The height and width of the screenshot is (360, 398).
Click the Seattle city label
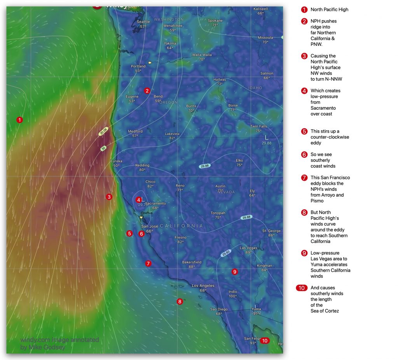pyautogui.click(x=143, y=22)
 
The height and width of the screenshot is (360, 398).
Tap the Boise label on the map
pyautogui.click(x=233, y=105)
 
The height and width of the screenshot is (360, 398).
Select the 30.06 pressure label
pyautogui.click(x=103, y=132)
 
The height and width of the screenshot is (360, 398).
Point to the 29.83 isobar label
pyautogui.click(x=226, y=253)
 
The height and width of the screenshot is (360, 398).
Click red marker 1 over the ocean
pyautogui.click(x=19, y=120)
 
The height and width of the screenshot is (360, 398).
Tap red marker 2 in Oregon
pyautogui.click(x=147, y=91)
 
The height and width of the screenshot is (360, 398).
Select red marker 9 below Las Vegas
pyautogui.click(x=234, y=272)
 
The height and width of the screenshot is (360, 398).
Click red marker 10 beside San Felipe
pyautogui.click(x=264, y=341)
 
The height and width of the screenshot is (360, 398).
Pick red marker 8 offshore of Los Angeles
pyautogui.click(x=180, y=301)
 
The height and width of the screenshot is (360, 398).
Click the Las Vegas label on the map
pyautogui.click(x=248, y=248)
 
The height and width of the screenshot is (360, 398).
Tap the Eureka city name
pyautogui.click(x=116, y=161)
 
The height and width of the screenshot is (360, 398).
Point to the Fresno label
pyautogui.click(x=180, y=237)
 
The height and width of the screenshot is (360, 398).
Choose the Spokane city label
pyautogui.click(x=215, y=21)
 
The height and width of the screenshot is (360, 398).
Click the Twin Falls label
pyautogui.click(x=258, y=126)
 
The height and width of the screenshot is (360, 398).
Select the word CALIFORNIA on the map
pyautogui.click(x=181, y=226)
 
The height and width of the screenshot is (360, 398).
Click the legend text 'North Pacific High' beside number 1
pyautogui.click(x=329, y=9)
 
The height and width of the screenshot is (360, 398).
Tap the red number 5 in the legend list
pyautogui.click(x=304, y=131)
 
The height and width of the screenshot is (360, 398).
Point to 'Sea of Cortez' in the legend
pyautogui.click(x=325, y=311)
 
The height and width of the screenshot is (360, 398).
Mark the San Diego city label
pyautogui.click(x=219, y=309)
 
